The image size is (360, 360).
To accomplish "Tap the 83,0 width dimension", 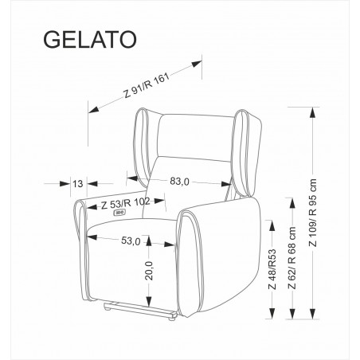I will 178,182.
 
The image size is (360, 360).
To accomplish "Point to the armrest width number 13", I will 77,183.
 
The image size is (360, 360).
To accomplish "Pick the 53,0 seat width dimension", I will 131,241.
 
